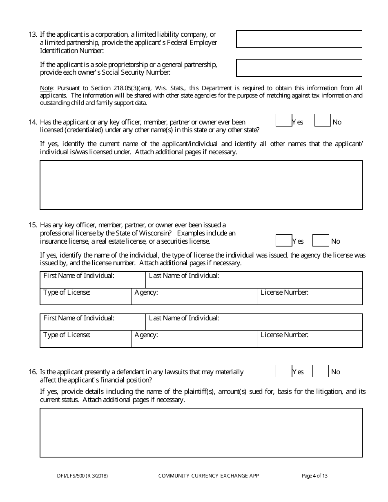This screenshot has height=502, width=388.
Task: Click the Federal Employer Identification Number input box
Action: tap(299, 39)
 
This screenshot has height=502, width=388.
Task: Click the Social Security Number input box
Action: tap(299, 68)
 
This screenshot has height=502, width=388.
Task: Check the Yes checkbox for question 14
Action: tap(284, 120)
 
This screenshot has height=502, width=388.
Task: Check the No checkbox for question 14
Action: tap(323, 120)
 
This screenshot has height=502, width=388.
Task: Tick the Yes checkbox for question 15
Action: tap(284, 240)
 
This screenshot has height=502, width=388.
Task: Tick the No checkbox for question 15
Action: tap(321, 240)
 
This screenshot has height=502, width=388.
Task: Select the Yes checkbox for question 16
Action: tap(284, 371)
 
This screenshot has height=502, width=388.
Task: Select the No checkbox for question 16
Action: tap(321, 371)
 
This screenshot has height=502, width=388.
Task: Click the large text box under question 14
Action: tap(201, 185)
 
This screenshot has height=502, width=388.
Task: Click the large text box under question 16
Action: tap(201, 433)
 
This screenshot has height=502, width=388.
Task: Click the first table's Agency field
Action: tap(194, 297)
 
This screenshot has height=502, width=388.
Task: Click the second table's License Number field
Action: tap(310, 339)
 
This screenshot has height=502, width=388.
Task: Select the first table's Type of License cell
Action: tap(85, 297)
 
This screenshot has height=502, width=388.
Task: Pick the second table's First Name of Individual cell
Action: tap(93, 322)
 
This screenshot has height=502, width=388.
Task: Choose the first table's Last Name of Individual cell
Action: tap(254, 280)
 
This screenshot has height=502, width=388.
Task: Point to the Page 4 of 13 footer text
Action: tap(314, 475)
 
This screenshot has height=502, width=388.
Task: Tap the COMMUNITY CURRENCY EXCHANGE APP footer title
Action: tap(208, 475)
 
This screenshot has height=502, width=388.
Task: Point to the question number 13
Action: tap(33, 35)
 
